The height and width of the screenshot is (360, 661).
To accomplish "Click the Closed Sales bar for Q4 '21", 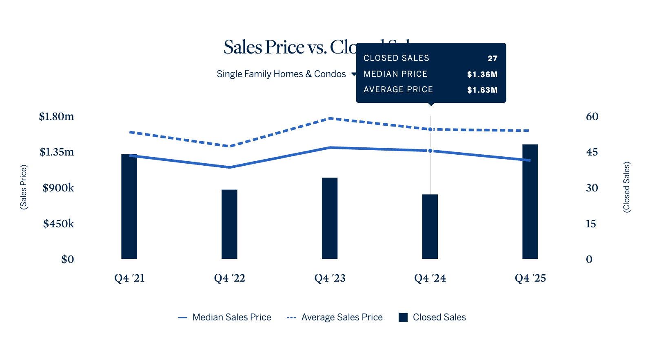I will click(129, 208).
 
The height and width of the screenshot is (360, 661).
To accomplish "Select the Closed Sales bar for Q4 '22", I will click(229, 224).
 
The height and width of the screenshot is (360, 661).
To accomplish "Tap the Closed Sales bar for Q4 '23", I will click(330, 218).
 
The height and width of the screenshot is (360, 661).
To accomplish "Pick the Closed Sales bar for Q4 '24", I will click(430, 227).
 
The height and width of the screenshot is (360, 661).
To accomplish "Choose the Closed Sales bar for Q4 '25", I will click(530, 202).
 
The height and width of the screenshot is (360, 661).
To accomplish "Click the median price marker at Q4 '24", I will click(430, 151).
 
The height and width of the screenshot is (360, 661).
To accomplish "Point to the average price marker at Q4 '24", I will click(430, 129).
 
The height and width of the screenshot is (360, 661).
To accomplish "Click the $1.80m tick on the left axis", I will click(56, 117).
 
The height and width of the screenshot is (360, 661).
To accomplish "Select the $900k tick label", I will click(58, 188).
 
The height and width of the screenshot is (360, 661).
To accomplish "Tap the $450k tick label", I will click(59, 224).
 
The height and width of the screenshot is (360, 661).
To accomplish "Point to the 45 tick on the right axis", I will click(592, 152).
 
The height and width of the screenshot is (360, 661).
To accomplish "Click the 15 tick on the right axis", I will click(591, 224).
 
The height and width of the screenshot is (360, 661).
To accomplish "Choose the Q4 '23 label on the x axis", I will click(330, 278).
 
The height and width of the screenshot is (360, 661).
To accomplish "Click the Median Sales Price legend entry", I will click(225, 318).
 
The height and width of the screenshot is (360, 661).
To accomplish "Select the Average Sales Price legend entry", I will click(335, 318).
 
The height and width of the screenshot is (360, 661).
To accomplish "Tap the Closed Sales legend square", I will click(403, 318).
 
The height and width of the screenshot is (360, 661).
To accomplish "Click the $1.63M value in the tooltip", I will click(482, 90).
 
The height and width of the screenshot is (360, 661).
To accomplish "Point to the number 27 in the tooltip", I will click(492, 59).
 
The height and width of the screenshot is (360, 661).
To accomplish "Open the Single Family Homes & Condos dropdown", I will click(286, 74).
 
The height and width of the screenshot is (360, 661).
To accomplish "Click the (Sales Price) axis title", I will click(24, 187).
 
